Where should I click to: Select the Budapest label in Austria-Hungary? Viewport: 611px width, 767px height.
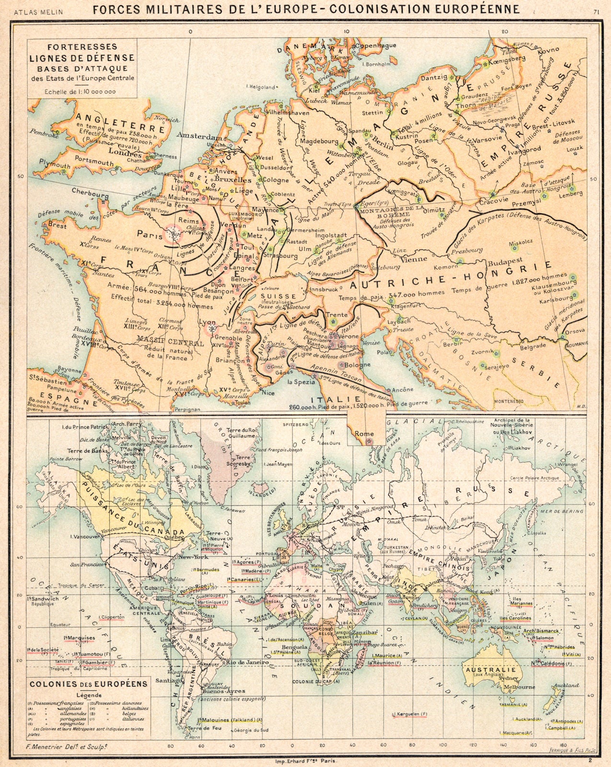[507, 263]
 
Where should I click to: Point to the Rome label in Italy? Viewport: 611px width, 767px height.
[364, 434]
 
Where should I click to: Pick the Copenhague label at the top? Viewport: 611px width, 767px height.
[376, 45]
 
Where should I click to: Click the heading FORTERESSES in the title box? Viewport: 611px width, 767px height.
[82, 47]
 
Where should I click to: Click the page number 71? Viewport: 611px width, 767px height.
[596, 12]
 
